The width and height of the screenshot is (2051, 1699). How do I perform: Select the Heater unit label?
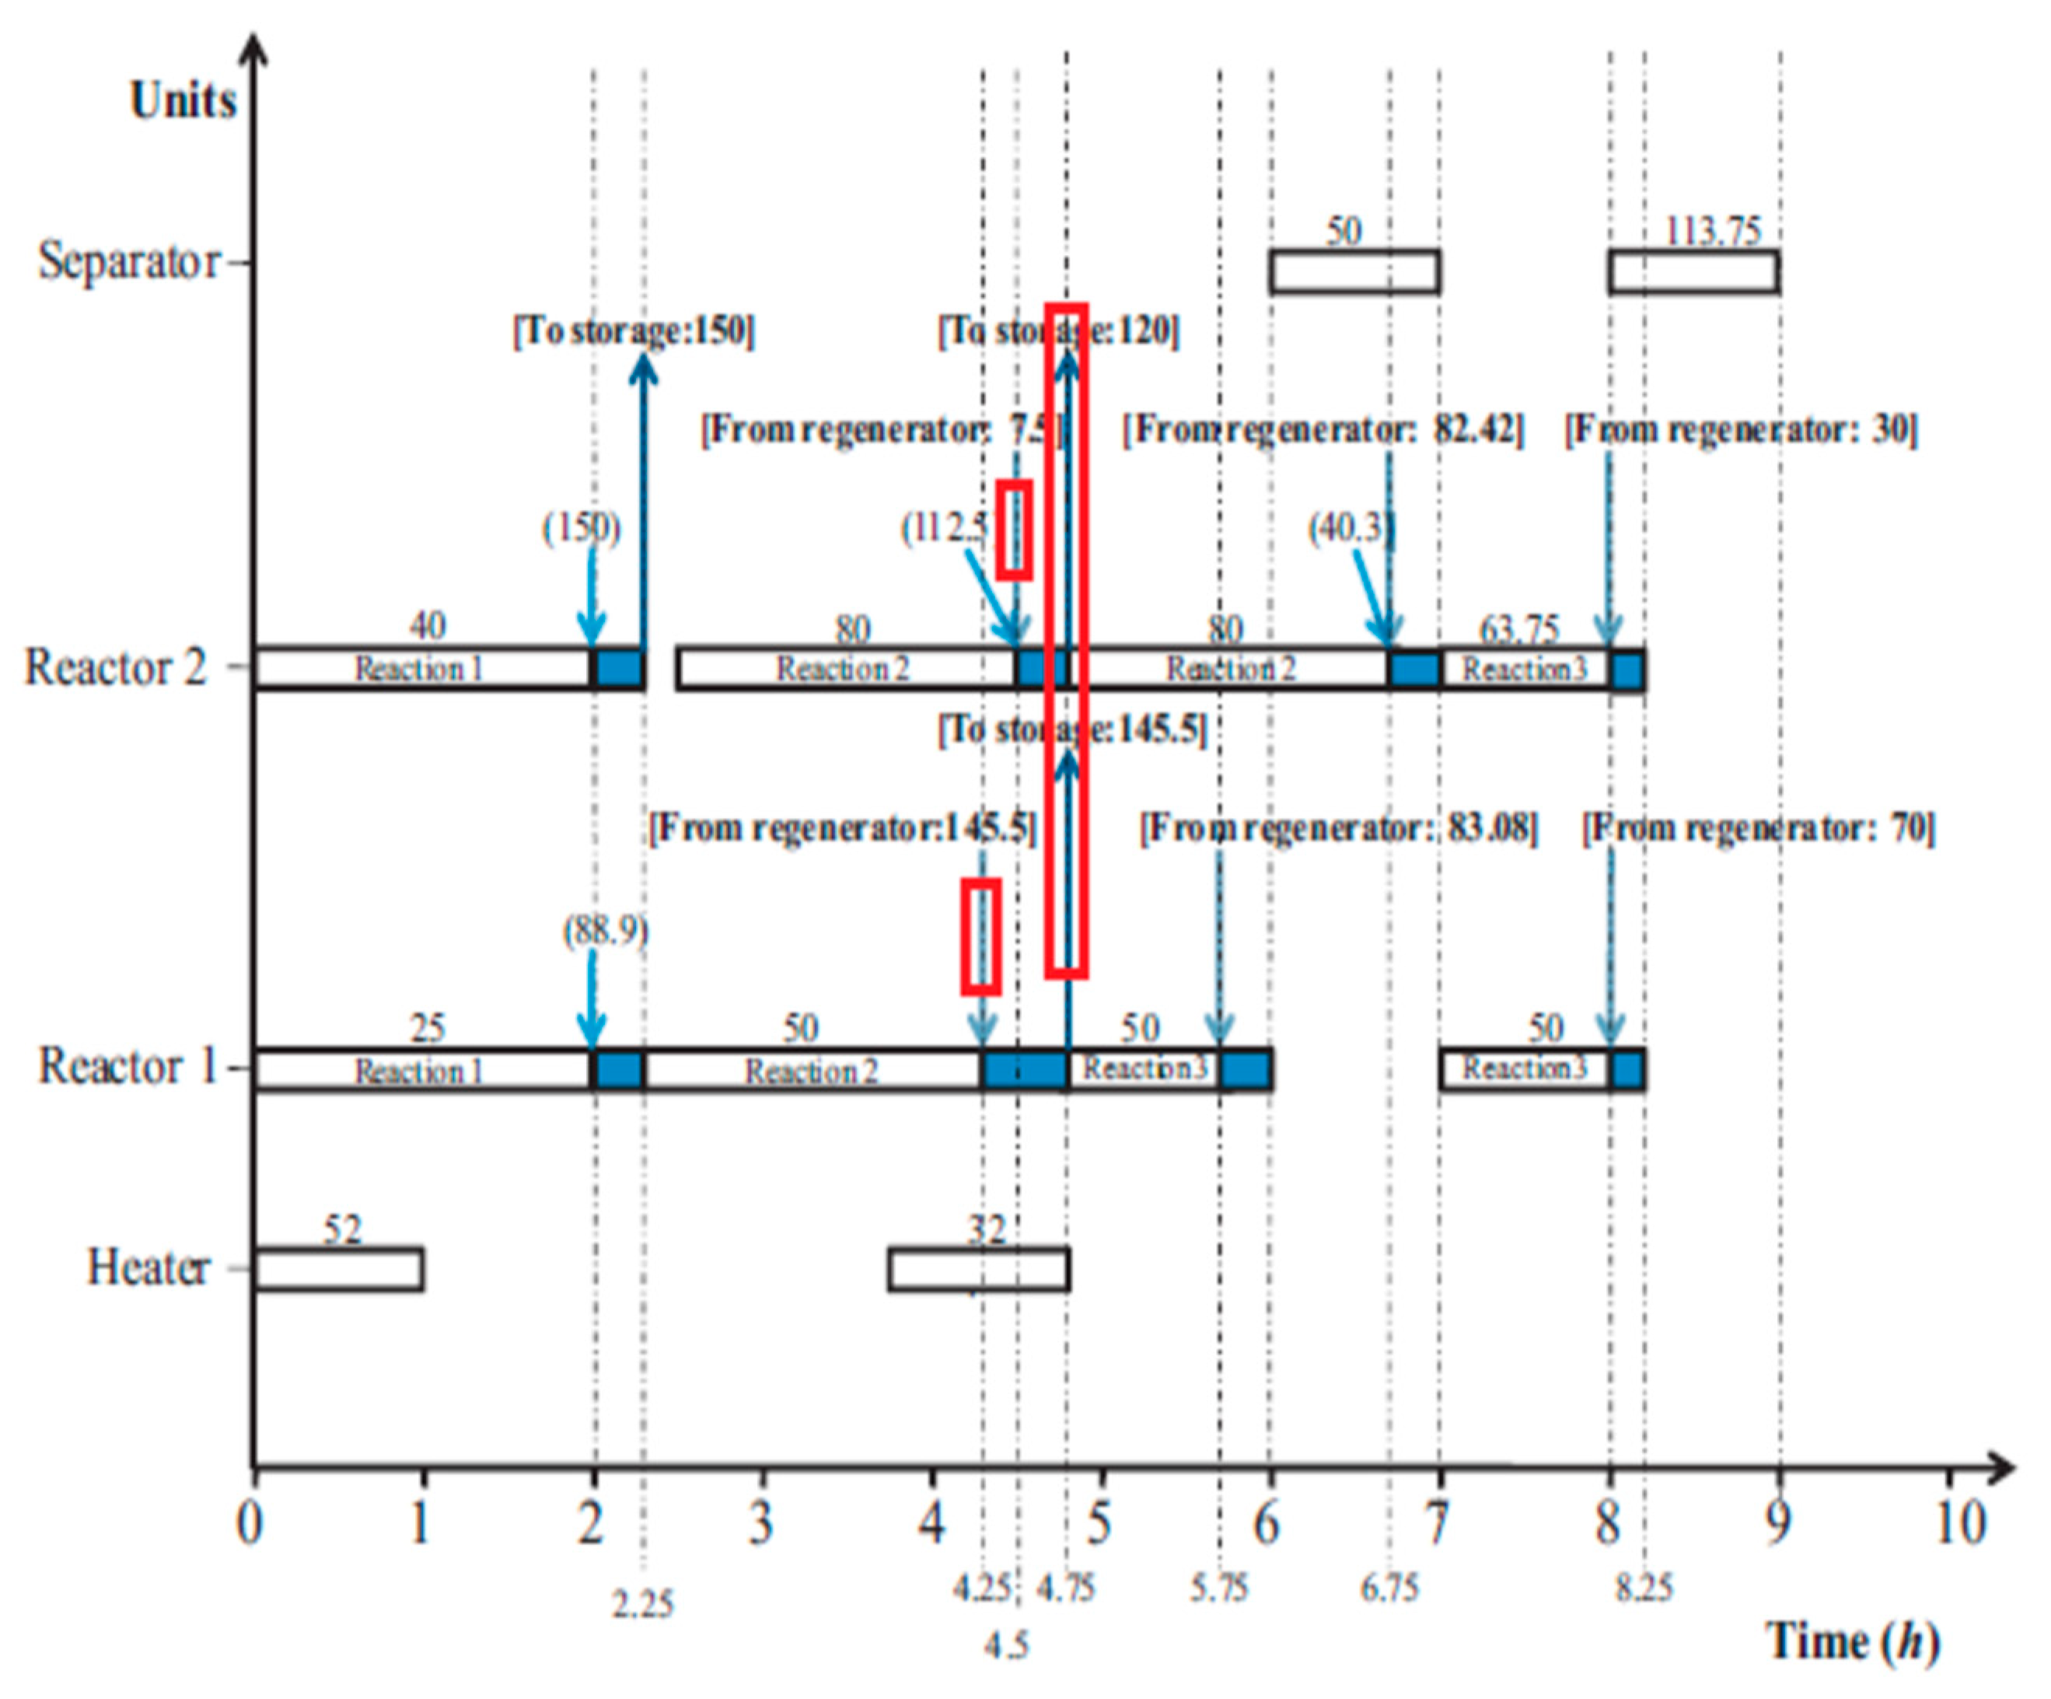coord(148,1268)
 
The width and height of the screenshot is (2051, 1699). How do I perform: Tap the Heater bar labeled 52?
coord(338,1269)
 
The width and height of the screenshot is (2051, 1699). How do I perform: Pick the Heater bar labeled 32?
coord(979,1270)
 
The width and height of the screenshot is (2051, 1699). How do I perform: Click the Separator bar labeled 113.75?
coord(1693,271)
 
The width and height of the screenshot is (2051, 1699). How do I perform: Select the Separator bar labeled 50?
coord(1354,271)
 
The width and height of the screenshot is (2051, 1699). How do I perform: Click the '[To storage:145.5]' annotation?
coord(1072,730)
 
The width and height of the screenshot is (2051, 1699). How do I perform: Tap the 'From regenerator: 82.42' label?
coord(1323,430)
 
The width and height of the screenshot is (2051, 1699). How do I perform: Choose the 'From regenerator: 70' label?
coord(1758,828)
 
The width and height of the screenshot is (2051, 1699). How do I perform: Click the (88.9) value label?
coord(605,930)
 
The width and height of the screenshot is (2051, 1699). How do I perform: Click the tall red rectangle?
coord(1067,640)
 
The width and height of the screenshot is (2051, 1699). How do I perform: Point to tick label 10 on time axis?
coord(1959,1523)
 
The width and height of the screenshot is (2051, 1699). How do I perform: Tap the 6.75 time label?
coord(1389,1589)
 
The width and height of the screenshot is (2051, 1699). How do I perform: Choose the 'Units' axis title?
coord(183,100)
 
